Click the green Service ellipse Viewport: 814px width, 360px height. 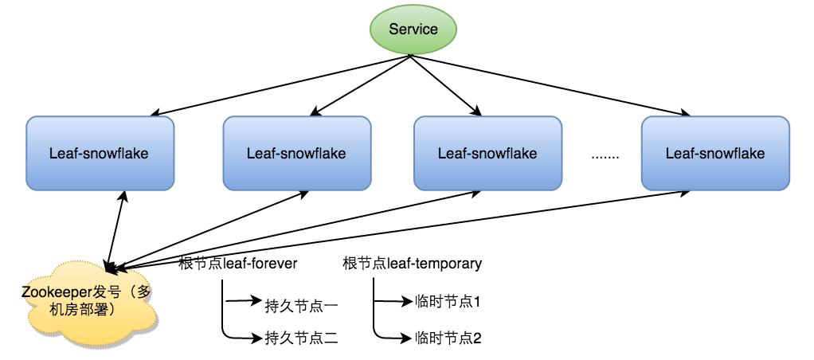pos(413,29)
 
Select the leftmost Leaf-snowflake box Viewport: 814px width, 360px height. pos(99,153)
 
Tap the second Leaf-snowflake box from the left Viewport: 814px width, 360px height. pos(296,153)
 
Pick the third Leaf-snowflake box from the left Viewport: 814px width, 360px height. pos(487,153)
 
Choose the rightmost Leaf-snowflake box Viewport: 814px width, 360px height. pos(715,153)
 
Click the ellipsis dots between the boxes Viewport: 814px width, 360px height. pos(606,155)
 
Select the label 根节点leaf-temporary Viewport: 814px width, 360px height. pos(412,264)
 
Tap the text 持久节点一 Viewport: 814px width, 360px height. pos(302,303)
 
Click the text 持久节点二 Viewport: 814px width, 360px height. pos(302,338)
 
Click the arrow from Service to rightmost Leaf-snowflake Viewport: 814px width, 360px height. pos(550,84)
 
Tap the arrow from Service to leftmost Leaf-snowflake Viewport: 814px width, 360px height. pos(279,84)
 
